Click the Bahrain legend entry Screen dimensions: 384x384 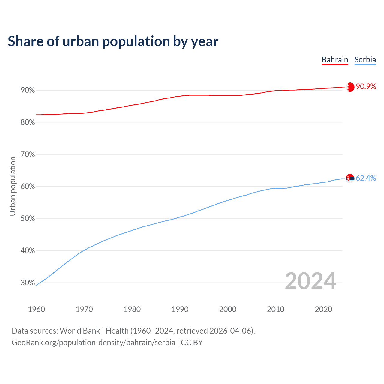point(335,60)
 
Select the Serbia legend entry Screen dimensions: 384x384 point(365,60)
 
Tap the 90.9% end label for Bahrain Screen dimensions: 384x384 point(366,87)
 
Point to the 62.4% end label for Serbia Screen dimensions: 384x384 point(366,178)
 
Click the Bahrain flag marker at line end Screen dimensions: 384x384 point(350,87)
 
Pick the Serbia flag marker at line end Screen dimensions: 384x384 point(350,178)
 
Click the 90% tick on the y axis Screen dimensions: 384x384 point(28,90)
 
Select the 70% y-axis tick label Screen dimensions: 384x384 point(28,154)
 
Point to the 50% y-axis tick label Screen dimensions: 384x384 point(28,219)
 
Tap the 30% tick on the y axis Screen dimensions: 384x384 point(28,283)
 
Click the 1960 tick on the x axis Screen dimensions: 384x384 point(36,309)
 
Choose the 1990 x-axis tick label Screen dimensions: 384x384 point(180,309)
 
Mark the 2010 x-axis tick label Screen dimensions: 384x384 point(276,309)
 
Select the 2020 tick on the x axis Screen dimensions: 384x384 point(323,309)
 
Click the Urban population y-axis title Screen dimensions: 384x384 point(13,186)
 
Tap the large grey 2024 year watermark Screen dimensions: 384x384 point(310,281)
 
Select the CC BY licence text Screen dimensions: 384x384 point(192,343)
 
